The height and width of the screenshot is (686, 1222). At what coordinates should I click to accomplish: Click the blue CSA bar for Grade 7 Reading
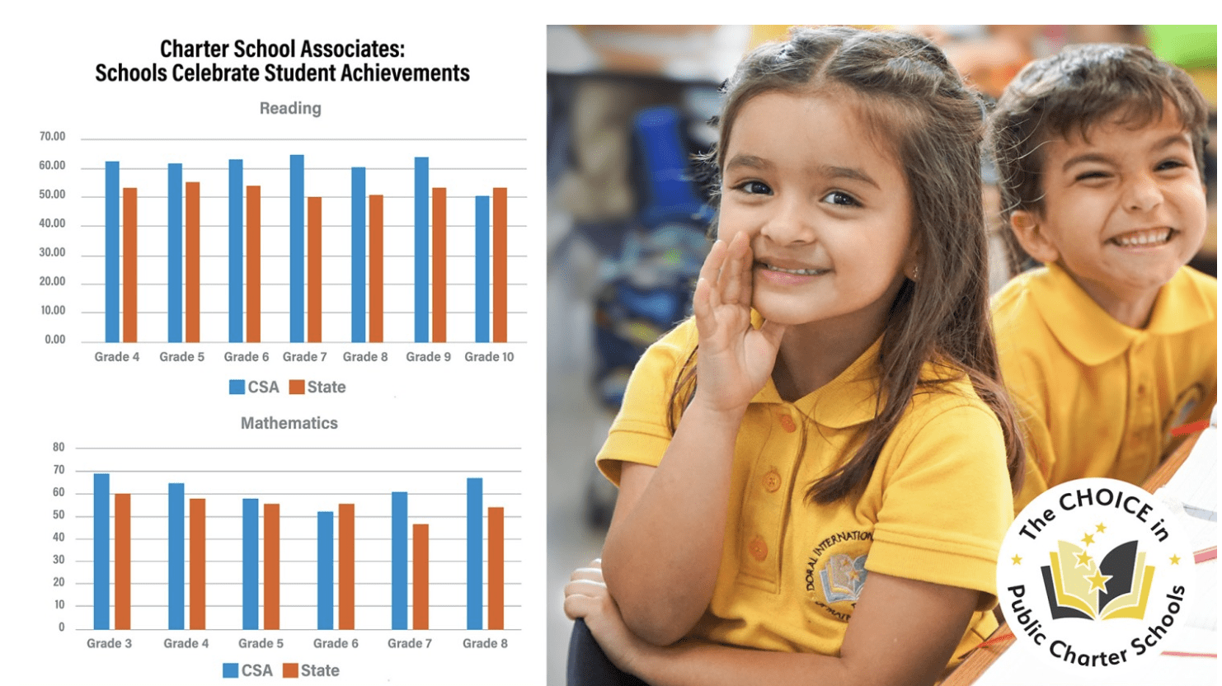pyautogui.click(x=297, y=248)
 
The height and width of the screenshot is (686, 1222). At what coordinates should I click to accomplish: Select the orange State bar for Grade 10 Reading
pyautogui.click(x=500, y=265)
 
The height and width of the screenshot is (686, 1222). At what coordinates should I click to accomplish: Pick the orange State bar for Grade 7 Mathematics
pyautogui.click(x=421, y=576)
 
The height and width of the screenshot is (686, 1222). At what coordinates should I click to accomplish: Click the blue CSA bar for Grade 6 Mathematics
pyautogui.click(x=326, y=570)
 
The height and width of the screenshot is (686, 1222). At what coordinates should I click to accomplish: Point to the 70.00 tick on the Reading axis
pyautogui.click(x=52, y=137)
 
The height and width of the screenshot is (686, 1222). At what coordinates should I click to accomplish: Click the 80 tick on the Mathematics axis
pyautogui.click(x=59, y=448)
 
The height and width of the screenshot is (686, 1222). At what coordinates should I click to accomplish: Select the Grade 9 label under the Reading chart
pyautogui.click(x=428, y=357)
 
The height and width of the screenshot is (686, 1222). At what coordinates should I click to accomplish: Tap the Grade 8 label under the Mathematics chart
pyautogui.click(x=485, y=643)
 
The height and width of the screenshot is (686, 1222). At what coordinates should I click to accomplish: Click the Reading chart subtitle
pyautogui.click(x=290, y=108)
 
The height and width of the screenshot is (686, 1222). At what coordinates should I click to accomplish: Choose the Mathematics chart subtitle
pyautogui.click(x=289, y=423)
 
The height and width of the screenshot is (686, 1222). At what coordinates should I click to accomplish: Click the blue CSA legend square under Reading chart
pyautogui.click(x=237, y=388)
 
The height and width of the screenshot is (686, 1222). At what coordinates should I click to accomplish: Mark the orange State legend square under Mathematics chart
pyautogui.click(x=290, y=670)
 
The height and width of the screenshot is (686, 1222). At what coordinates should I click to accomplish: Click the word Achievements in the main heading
pyautogui.click(x=404, y=73)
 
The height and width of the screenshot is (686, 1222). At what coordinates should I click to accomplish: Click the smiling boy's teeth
pyautogui.click(x=1141, y=239)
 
